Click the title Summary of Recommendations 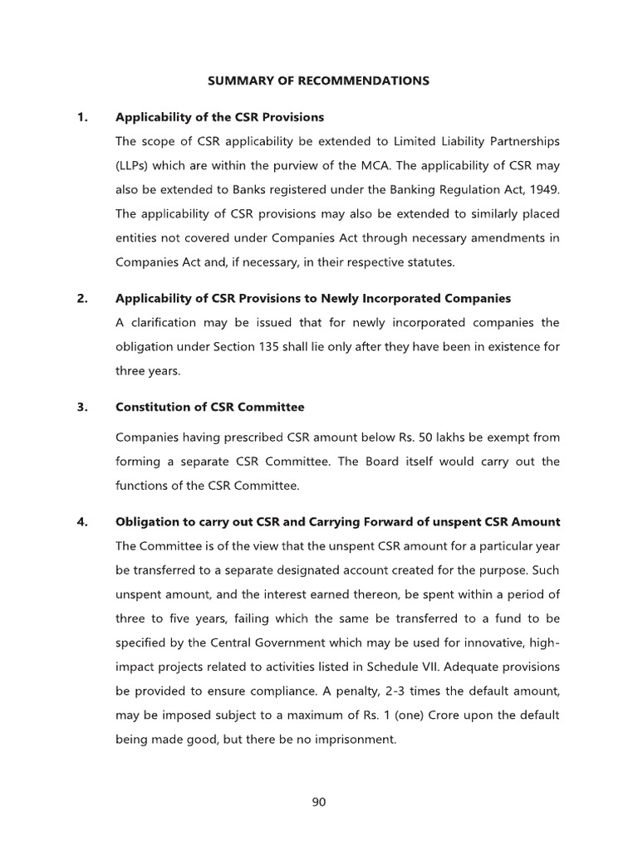[318, 81]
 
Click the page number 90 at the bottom [319, 802]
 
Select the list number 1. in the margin [82, 117]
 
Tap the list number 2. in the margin [82, 298]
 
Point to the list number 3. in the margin [82, 408]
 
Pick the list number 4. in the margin [82, 522]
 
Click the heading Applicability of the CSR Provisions [219, 117]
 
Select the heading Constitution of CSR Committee [210, 408]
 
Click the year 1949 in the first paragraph [544, 188]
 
